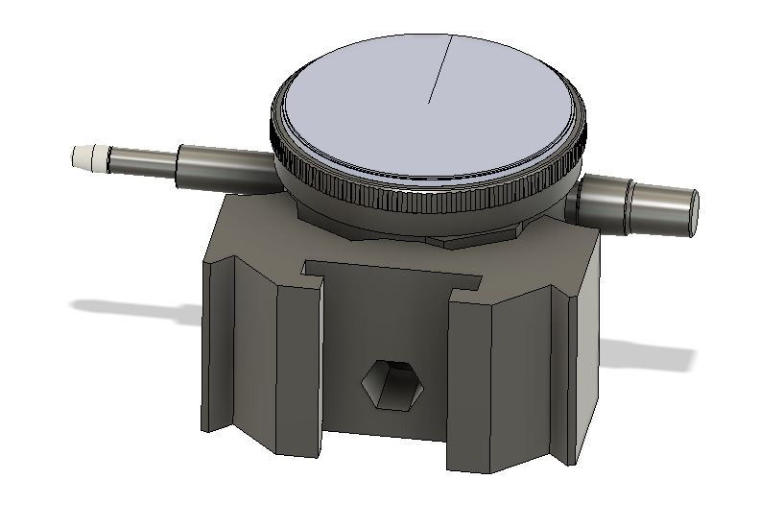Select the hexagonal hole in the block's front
391,386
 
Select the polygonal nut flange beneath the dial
451,235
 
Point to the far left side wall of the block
219,346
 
